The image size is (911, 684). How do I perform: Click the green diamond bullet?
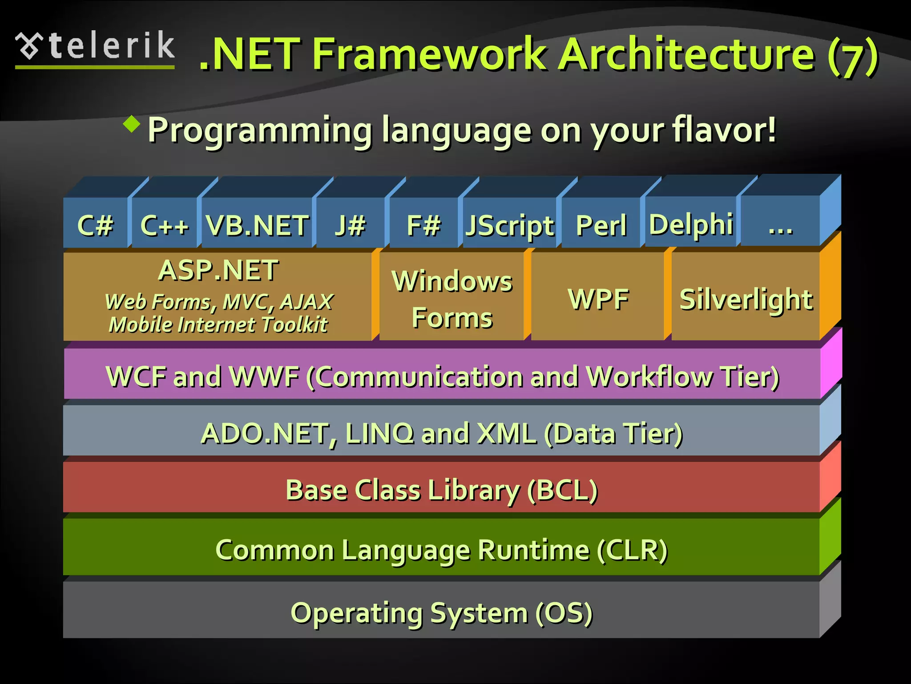click(132, 124)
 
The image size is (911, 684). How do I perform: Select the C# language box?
click(95, 224)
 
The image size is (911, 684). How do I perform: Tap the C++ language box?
click(164, 224)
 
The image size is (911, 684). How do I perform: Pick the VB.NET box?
click(257, 224)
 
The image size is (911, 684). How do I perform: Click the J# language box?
click(350, 224)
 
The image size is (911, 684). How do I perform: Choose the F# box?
click(423, 224)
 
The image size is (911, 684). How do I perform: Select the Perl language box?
click(601, 224)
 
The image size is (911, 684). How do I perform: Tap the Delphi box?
click(691, 224)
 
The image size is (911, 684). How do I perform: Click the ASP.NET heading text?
click(218, 270)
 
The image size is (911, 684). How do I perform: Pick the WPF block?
click(598, 298)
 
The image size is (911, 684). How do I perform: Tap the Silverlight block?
click(746, 298)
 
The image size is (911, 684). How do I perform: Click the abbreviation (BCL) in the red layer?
click(562, 490)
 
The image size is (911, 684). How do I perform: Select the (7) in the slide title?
click(853, 56)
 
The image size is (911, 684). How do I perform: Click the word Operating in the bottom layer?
click(356, 613)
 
